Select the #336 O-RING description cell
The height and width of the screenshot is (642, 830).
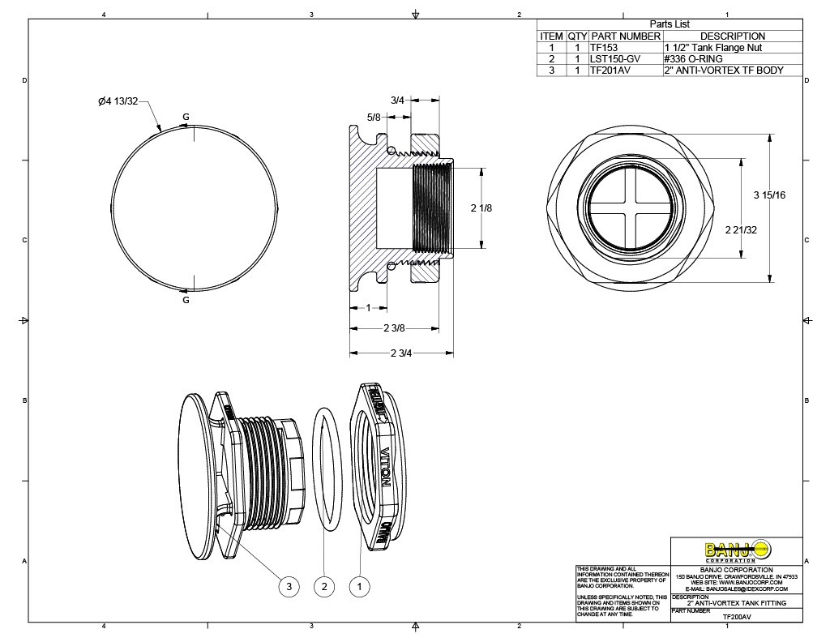click(693, 59)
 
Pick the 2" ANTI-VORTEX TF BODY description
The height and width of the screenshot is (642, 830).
click(724, 71)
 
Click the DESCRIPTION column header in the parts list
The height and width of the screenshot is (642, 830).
click(732, 36)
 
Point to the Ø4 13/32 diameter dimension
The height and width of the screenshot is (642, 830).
click(118, 101)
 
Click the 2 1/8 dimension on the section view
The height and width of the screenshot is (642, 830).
click(481, 208)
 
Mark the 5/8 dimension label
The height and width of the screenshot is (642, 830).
click(374, 118)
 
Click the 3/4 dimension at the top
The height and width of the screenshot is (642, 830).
click(397, 100)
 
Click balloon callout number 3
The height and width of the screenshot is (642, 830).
click(289, 586)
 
